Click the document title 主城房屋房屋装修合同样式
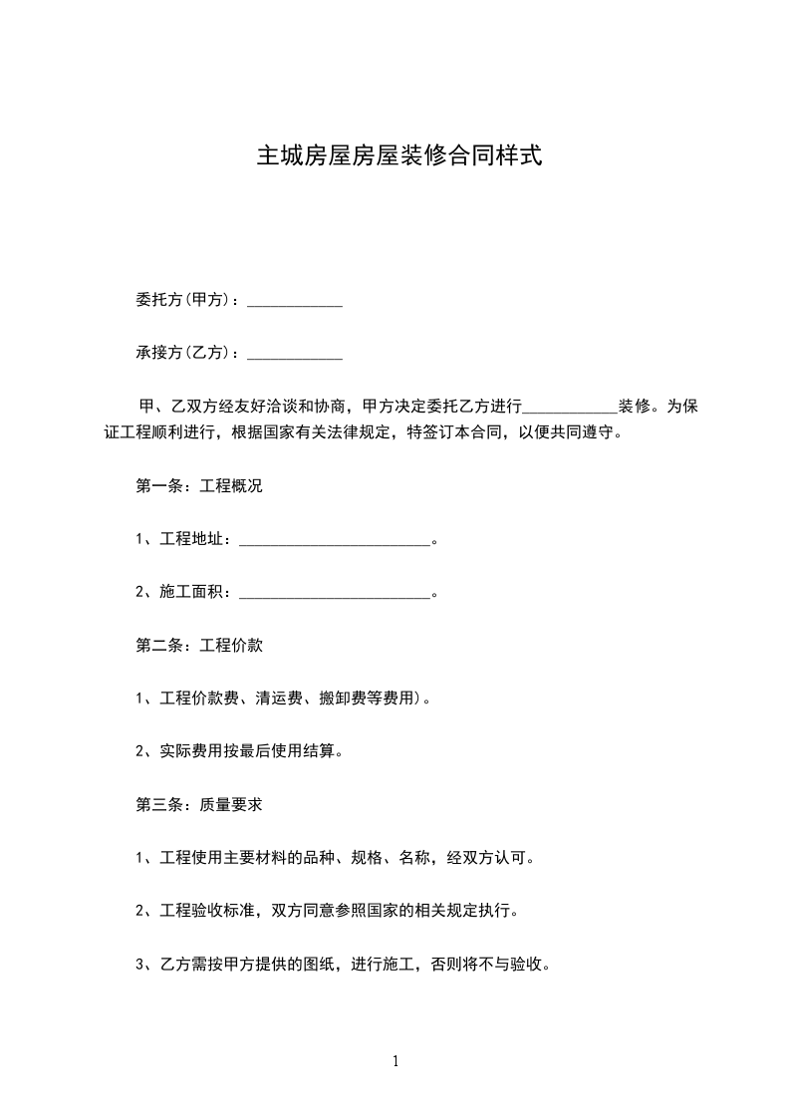[x=399, y=156]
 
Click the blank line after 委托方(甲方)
[x=294, y=301]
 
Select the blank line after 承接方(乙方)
[x=294, y=354]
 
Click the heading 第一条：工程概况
[x=198, y=487]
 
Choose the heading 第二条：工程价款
[x=198, y=646]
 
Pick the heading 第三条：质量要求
[x=198, y=804]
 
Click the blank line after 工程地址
[x=335, y=541]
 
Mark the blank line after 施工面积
[x=335, y=594]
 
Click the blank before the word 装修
[x=571, y=408]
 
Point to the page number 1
[x=395, y=1062]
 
